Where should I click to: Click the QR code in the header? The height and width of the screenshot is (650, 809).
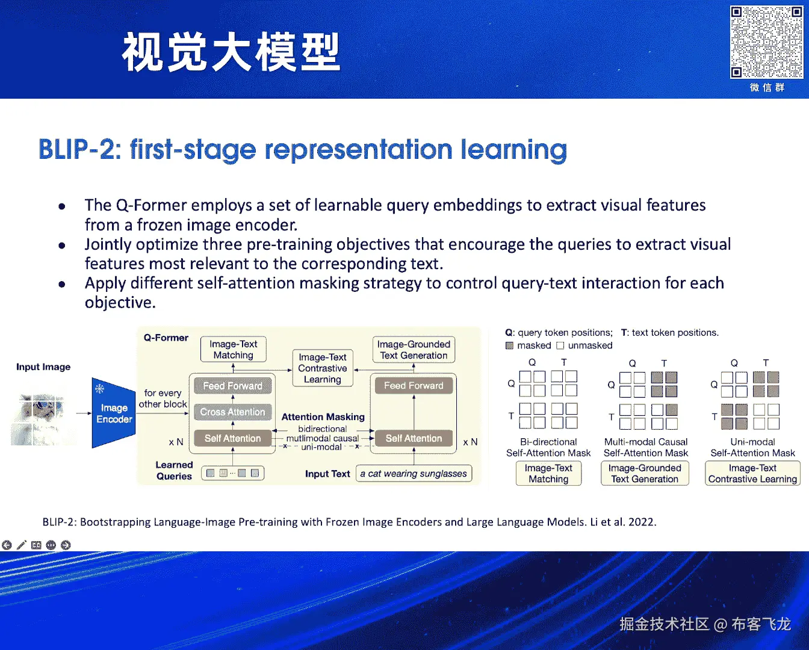pyautogui.click(x=766, y=42)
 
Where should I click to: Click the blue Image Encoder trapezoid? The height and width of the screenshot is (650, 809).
pyautogui.click(x=114, y=413)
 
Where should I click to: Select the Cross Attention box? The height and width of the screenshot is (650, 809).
pyautogui.click(x=233, y=412)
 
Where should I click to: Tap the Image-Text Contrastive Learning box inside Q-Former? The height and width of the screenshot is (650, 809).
pyautogui.click(x=323, y=368)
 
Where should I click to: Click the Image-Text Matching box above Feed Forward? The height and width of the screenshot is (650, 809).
pyautogui.click(x=234, y=349)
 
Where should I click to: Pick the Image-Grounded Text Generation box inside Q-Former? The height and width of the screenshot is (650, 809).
pyautogui.click(x=414, y=350)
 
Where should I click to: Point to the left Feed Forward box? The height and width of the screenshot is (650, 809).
pyautogui.click(x=233, y=386)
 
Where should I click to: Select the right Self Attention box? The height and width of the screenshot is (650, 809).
pyautogui.click(x=414, y=438)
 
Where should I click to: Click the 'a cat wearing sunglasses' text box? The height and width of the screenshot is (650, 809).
pyautogui.click(x=414, y=473)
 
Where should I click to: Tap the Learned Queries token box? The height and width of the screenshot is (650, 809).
pyautogui.click(x=233, y=473)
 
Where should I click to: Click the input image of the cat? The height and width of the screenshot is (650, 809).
pyautogui.click(x=43, y=419)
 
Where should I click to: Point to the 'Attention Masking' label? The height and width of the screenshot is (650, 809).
pyautogui.click(x=323, y=416)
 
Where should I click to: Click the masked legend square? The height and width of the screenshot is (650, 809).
pyautogui.click(x=509, y=345)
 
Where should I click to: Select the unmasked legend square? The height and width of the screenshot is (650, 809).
pyautogui.click(x=560, y=345)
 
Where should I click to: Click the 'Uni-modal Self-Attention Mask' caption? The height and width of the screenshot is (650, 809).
pyautogui.click(x=752, y=447)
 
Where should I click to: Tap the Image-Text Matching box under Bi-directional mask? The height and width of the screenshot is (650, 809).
pyautogui.click(x=548, y=473)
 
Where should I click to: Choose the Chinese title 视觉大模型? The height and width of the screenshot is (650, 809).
pyautogui.click(x=231, y=52)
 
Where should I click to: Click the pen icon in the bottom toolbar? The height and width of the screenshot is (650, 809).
pyautogui.click(x=22, y=545)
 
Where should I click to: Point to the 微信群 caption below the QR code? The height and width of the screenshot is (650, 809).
pyautogui.click(x=767, y=88)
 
